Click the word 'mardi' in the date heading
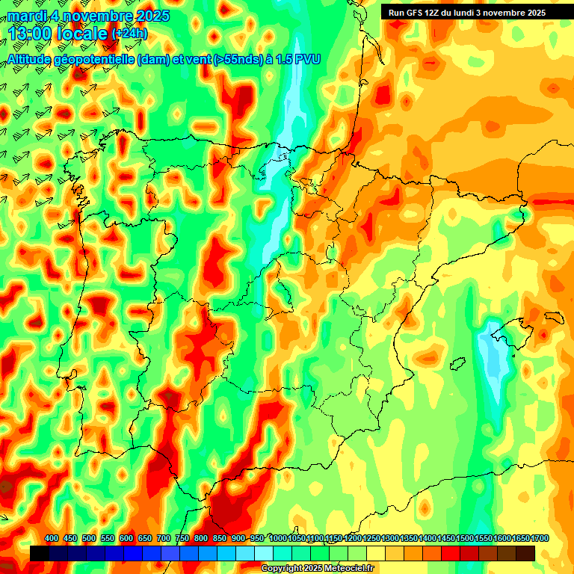27,16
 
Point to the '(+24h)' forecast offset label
130,34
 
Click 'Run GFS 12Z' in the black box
414,13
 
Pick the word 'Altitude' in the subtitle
31,59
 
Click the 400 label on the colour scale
52,539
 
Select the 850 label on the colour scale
220,539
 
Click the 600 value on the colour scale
126,539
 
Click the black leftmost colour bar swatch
40,553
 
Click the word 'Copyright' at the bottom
281,569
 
